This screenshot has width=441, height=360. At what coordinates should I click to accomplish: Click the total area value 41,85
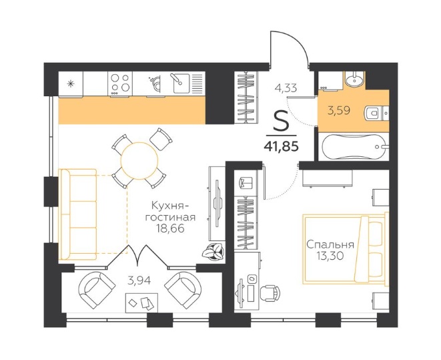coord(282,146)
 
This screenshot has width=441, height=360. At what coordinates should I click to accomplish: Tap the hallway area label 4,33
coord(286,88)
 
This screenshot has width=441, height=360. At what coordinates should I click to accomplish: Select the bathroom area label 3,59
coord(339,110)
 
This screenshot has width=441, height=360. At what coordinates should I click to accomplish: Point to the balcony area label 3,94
coord(139,281)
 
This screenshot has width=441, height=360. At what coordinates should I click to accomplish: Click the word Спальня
coord(330,244)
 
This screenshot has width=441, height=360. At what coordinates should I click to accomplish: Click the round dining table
coord(139,161)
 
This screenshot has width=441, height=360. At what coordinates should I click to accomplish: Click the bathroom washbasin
coord(354,79)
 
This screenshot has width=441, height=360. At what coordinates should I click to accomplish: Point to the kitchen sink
coord(181,83)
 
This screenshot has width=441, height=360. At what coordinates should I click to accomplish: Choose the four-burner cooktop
coord(120,83)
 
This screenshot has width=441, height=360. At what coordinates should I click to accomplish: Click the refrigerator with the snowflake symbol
coord(71,84)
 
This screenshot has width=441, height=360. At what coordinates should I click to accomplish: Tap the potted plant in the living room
coord(213,251)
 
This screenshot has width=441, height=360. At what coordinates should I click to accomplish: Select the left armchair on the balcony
coord(97,290)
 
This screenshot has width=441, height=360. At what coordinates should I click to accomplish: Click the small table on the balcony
coord(141,303)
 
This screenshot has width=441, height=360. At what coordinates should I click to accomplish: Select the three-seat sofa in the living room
coord(79,214)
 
